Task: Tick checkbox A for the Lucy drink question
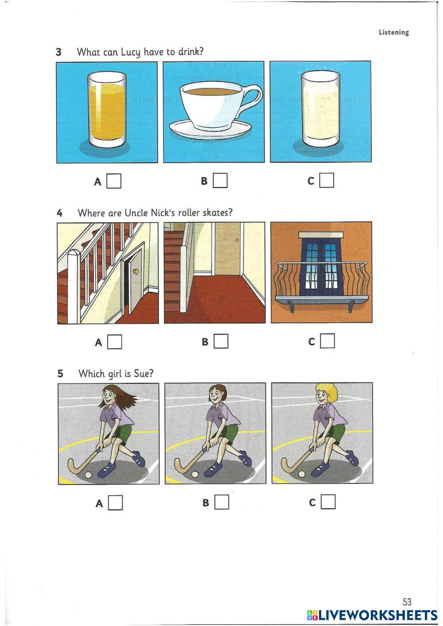114,181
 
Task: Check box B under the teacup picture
220,181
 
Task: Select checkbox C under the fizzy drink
326,180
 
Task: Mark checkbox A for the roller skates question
115,342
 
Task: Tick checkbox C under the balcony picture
327,340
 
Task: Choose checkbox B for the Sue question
222,502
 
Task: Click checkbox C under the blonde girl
328,502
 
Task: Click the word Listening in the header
394,32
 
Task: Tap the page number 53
407,601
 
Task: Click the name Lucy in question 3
130,52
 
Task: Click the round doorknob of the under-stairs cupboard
136,271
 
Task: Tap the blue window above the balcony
321,264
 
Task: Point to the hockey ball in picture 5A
88,475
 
